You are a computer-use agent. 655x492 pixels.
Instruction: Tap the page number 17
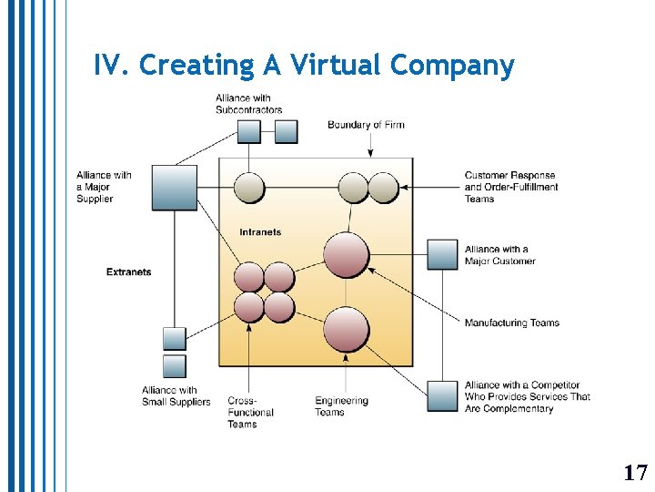point(635,472)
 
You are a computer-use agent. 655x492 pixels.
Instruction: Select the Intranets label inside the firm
point(260,232)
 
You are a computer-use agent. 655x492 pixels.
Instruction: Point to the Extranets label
point(128,272)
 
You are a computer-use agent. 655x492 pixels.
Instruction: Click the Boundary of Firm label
point(366,125)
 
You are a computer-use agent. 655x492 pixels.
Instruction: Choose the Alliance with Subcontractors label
point(248,104)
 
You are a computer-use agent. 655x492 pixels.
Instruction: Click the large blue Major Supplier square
point(174,188)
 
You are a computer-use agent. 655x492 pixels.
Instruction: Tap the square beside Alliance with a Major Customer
point(443,254)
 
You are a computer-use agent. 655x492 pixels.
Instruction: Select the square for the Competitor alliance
point(443,396)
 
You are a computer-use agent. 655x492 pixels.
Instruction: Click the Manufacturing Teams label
point(511,323)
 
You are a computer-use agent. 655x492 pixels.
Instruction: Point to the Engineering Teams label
point(341,406)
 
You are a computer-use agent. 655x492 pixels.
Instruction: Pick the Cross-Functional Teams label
point(249,412)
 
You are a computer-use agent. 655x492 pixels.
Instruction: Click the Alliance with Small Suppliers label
point(176,396)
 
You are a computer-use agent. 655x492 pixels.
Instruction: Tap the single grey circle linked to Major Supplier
point(249,188)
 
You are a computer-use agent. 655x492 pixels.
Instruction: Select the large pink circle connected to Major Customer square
point(347,254)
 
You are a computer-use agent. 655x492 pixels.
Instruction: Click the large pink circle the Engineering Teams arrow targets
point(347,330)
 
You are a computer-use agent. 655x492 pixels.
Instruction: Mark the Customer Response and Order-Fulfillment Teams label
point(510,187)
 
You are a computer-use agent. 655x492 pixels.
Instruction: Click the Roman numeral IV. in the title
point(112,66)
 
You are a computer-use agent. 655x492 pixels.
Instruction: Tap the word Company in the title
point(452,66)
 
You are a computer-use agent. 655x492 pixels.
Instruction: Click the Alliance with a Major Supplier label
point(104,187)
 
